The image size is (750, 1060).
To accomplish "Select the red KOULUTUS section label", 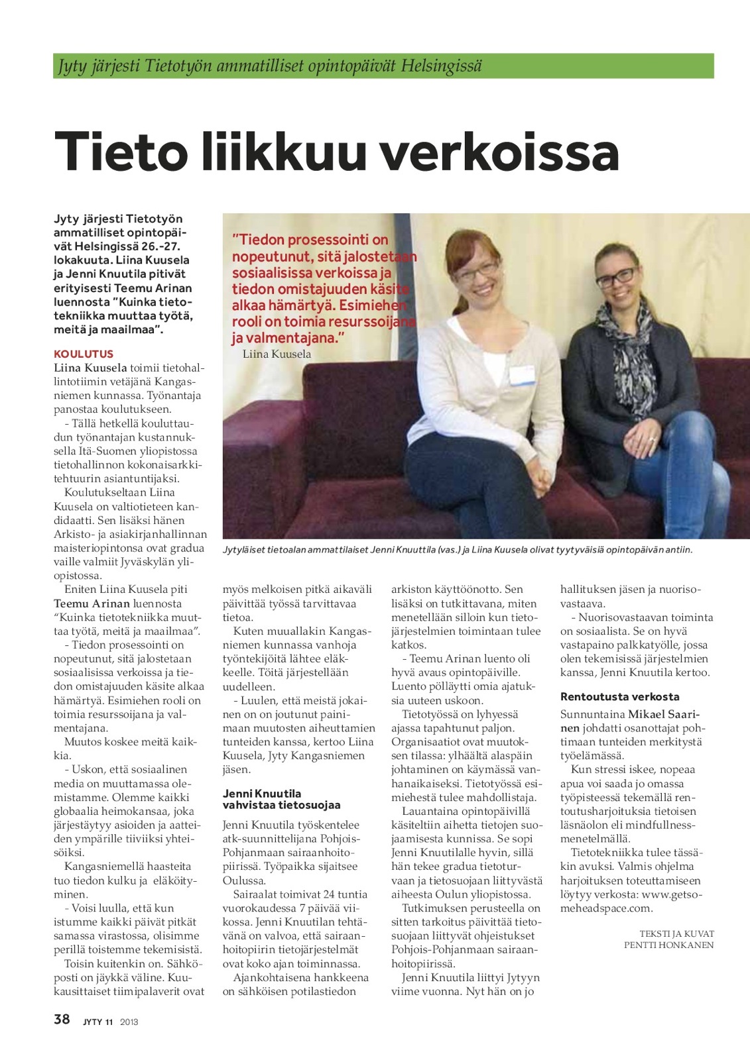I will [x=84, y=354].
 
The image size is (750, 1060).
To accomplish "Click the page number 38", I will [x=62, y=1019].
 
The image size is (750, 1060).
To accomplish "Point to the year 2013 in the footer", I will [x=129, y=1022].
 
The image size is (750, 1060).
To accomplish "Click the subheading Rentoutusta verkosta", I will [x=619, y=696].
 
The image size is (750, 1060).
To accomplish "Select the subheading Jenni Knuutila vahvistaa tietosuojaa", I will [x=281, y=799].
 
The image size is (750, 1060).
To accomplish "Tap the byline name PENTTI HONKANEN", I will [x=668, y=945].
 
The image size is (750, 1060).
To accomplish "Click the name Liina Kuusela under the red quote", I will [x=277, y=354].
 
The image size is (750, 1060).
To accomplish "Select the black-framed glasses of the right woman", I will [x=616, y=277].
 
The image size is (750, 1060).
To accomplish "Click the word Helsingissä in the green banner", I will [x=441, y=66].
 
